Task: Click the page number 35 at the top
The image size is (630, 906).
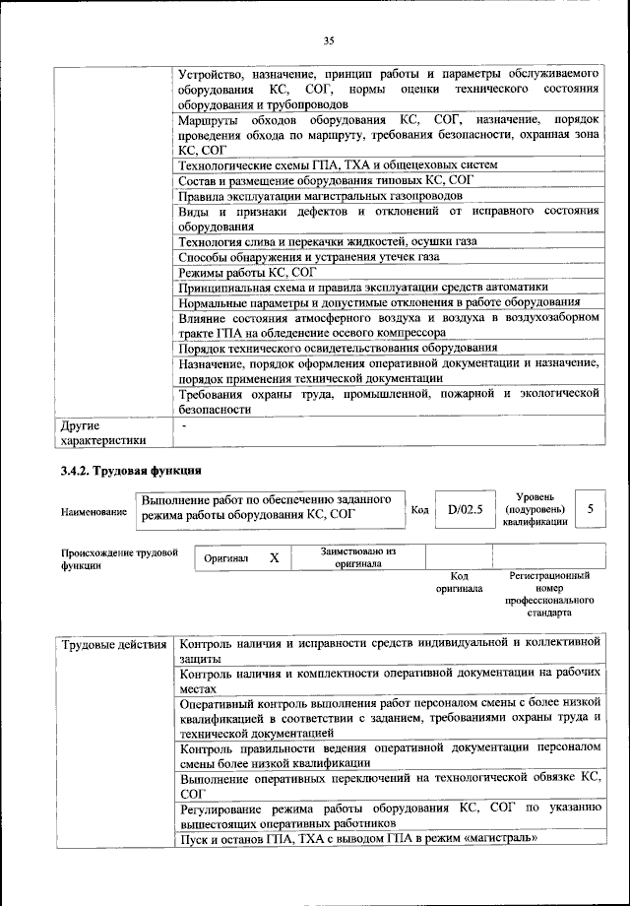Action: click(x=329, y=39)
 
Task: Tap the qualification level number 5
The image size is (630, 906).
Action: click(x=590, y=509)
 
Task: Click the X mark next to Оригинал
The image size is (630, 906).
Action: click(x=275, y=558)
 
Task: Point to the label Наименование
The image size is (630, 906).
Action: click(x=94, y=512)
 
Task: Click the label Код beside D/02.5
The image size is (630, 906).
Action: click(x=419, y=510)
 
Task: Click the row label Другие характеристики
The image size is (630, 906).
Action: click(x=102, y=432)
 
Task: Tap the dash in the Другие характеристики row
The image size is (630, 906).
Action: click(x=184, y=424)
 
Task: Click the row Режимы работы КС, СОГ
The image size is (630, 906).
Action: click(x=246, y=271)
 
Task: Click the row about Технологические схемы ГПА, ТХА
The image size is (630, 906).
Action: click(x=338, y=164)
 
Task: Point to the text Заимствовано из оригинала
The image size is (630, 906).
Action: click(x=357, y=558)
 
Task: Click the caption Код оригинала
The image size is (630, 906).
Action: click(x=459, y=582)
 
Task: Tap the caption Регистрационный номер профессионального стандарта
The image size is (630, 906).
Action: click(x=548, y=593)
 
